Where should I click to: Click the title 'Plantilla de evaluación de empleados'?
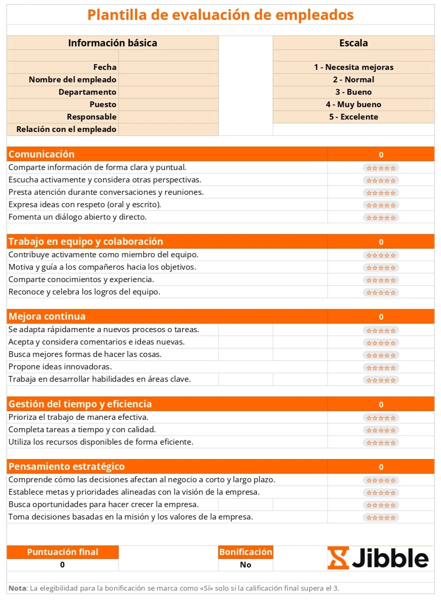coord(220,15)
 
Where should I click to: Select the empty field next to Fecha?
coord(168,67)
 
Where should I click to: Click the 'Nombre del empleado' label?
coord(72,79)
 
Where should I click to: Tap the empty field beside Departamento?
coord(168,92)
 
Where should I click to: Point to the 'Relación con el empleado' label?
coord(66,129)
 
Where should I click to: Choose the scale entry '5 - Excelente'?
coord(353,117)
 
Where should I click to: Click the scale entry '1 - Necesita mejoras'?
coord(353,67)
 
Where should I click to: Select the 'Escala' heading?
coord(353,43)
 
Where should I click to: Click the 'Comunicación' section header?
coord(41,154)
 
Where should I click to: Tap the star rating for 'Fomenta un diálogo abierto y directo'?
coord(381,218)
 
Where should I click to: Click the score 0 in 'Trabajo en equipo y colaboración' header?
coord(381,242)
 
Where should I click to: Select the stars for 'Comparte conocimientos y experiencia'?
coord(381,280)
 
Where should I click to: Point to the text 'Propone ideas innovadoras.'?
coord(60,366)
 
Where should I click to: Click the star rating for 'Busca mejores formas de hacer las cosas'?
coord(381,355)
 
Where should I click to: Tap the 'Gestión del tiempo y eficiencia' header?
coord(80,404)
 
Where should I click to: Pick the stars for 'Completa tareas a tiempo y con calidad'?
coord(381,430)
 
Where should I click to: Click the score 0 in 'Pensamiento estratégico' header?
coord(381,467)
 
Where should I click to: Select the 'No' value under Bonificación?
coord(246,565)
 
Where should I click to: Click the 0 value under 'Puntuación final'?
coord(63,565)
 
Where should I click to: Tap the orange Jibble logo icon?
coord(338,558)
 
